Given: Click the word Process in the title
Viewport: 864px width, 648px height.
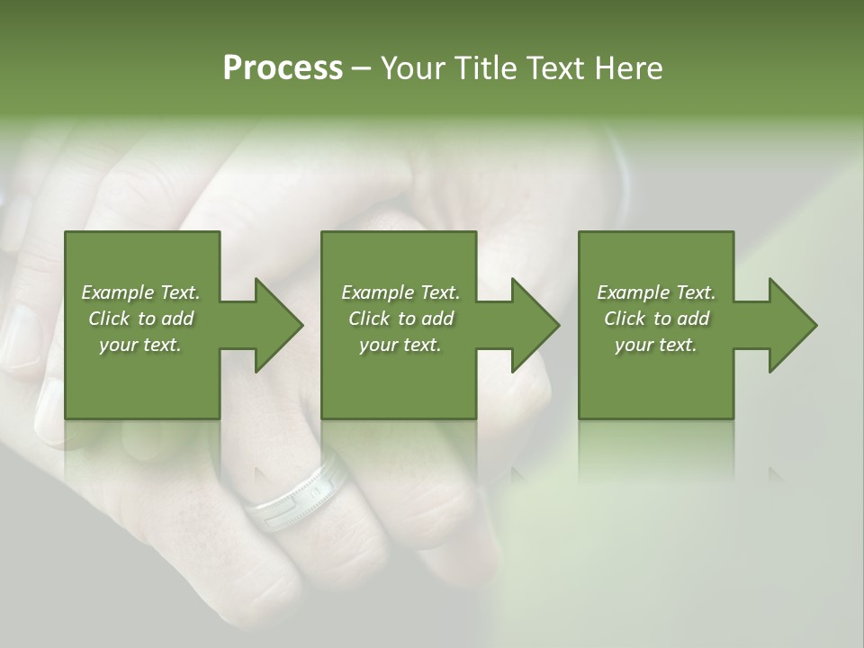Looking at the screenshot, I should click(283, 68).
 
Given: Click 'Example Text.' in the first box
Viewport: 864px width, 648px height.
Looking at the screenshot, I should click(140, 292).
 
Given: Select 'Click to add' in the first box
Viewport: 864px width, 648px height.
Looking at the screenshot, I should click(140, 319).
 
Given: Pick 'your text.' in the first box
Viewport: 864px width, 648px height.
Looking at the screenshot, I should click(140, 345).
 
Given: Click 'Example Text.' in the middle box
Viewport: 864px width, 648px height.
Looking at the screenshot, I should click(400, 292).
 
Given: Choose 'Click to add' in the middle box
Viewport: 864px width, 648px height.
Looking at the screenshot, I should click(400, 319).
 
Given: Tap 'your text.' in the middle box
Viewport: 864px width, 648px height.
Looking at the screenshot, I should click(400, 345).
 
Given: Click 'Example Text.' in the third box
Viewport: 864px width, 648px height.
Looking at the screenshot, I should click(656, 292).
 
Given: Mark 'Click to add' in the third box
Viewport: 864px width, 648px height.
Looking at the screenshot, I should click(656, 319).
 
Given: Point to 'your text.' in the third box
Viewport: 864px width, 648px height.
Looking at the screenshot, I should click(656, 345).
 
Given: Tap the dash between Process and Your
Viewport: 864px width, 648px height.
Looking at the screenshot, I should click(360, 69).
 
